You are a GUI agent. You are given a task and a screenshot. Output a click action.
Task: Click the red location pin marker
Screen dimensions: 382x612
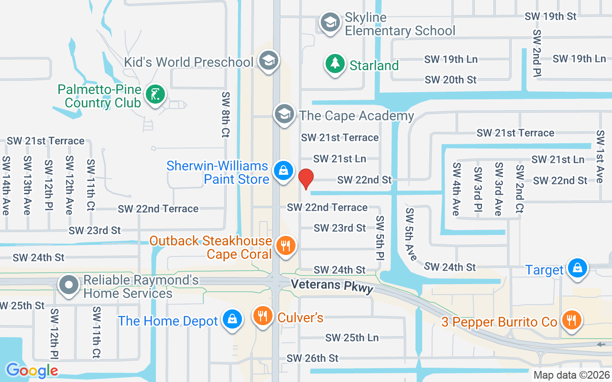(306, 179)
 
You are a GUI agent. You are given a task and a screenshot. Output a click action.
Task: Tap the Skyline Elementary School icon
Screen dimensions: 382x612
(330, 22)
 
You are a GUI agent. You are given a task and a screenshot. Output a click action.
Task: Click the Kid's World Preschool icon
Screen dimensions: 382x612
(268, 61)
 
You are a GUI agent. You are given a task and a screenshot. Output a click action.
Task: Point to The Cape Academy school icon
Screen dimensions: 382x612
(284, 114)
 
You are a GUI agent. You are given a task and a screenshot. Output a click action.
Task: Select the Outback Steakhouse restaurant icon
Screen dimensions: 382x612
(286, 246)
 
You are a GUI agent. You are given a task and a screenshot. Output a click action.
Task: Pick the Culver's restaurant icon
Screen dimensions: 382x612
(262, 316)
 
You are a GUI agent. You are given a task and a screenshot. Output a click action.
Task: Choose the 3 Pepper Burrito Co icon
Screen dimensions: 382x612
(571, 320)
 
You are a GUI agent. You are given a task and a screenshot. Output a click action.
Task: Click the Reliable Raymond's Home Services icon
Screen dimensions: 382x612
(69, 285)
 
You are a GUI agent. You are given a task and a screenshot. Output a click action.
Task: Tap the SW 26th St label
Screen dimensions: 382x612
(313, 358)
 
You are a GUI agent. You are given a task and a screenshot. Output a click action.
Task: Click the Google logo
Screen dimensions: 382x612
(32, 370)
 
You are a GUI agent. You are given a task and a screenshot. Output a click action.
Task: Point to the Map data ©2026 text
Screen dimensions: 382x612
(572, 375)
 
